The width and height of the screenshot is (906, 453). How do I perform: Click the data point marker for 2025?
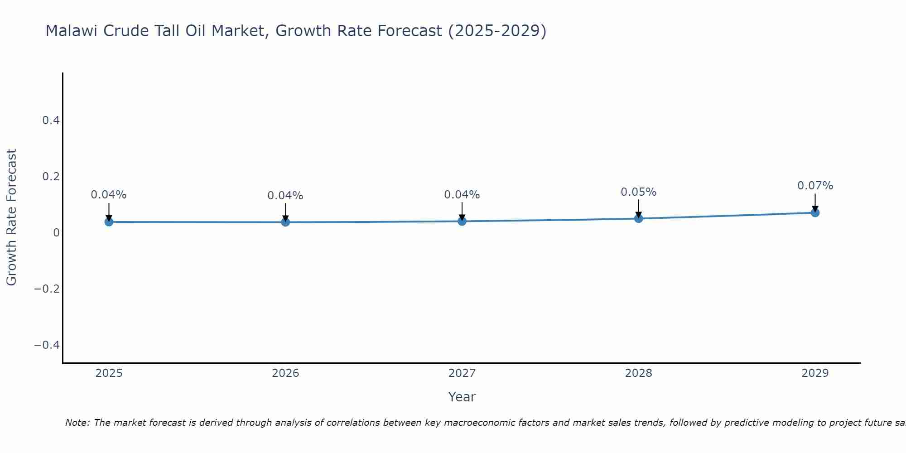pyautogui.click(x=109, y=222)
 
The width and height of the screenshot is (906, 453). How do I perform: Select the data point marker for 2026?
pyautogui.click(x=285, y=222)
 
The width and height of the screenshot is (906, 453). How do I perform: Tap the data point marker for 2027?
pyautogui.click(x=462, y=221)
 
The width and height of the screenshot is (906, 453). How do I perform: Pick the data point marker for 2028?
pyautogui.click(x=638, y=218)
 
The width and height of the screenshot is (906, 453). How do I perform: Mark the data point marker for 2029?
pyautogui.click(x=815, y=212)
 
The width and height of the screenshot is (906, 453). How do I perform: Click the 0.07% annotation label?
pyautogui.click(x=815, y=186)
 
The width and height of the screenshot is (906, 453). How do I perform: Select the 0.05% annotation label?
pyautogui.click(x=638, y=192)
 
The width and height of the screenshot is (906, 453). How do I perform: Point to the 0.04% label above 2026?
pyautogui.click(x=285, y=196)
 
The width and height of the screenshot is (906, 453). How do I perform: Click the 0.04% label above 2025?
pyautogui.click(x=109, y=195)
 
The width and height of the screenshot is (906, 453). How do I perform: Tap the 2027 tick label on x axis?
pyautogui.click(x=462, y=373)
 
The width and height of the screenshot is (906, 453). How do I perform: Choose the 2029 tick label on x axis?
pyautogui.click(x=815, y=373)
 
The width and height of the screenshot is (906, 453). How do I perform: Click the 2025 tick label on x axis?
pyautogui.click(x=109, y=373)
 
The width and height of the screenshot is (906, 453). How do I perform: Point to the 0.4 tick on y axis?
pyautogui.click(x=51, y=120)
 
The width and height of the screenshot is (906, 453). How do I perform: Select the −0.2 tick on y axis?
pyautogui.click(x=47, y=289)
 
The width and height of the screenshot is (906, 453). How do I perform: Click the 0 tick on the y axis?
pyautogui.click(x=56, y=233)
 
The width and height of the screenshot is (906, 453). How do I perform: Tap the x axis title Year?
pyautogui.click(x=462, y=397)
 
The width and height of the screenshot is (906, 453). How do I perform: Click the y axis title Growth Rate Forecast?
pyautogui.click(x=11, y=217)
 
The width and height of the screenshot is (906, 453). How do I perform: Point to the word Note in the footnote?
pyautogui.click(x=77, y=423)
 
